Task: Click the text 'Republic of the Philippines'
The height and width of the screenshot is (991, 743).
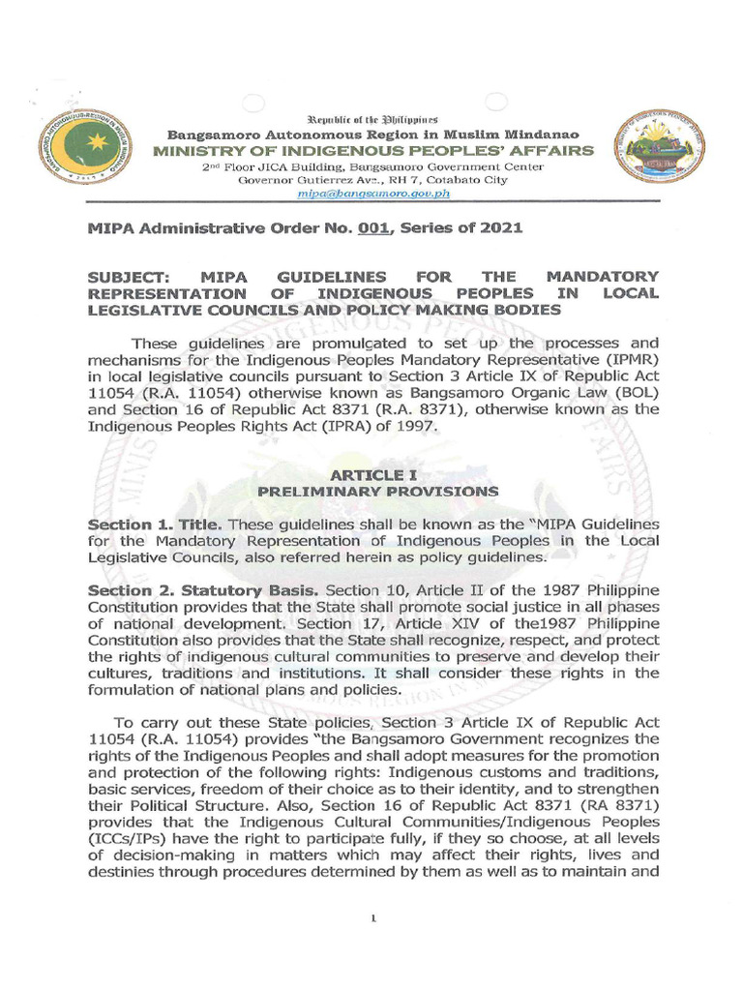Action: click(372, 117)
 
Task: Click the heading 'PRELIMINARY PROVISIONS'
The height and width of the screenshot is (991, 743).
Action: click(377, 492)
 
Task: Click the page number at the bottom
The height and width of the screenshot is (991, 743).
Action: click(372, 918)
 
